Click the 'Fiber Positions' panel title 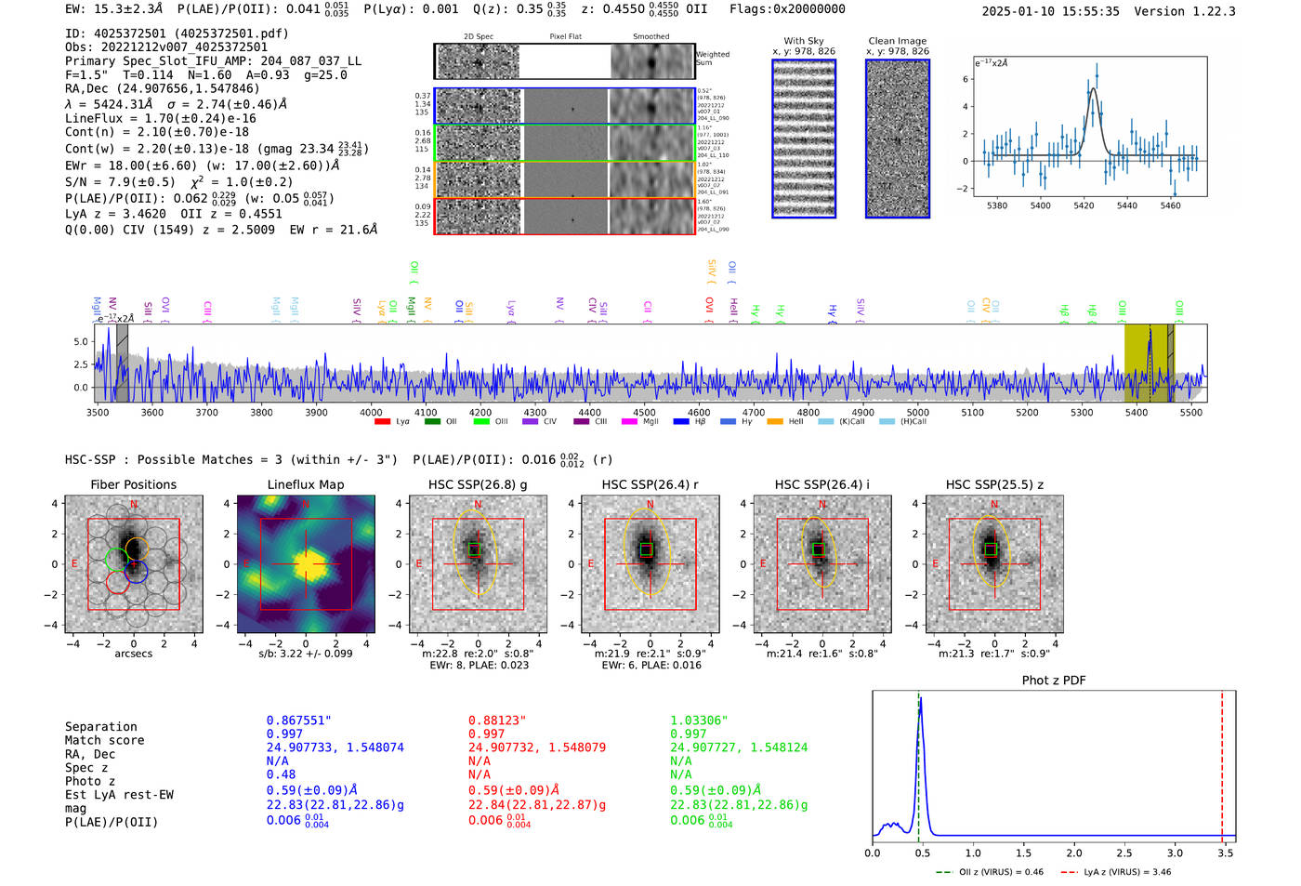click(133, 484)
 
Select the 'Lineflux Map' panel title click(305, 484)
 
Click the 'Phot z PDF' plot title click(1053, 681)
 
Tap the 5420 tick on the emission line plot click(1084, 205)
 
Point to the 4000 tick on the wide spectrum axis click(371, 413)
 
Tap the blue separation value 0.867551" click(298, 721)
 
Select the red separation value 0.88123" click(496, 721)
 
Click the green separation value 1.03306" click(699, 721)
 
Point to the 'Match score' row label click(104, 741)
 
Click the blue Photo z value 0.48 click(281, 774)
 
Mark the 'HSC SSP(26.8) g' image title click(477, 484)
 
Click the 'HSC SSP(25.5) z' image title click(994, 484)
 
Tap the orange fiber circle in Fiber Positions click(136, 548)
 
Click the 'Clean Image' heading click(897, 41)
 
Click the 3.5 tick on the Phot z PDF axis click(1225, 853)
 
